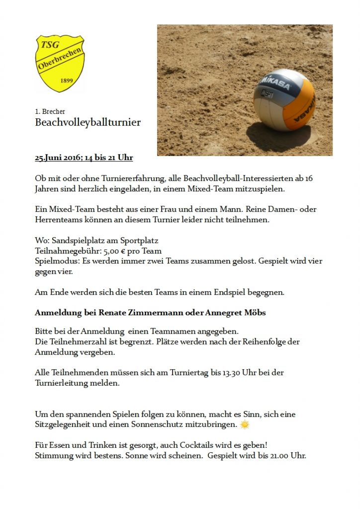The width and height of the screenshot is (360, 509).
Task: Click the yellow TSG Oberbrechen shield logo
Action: (60, 63)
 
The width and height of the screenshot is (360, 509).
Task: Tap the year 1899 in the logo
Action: (66, 80)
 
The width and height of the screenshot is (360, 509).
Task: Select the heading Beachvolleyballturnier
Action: (88, 122)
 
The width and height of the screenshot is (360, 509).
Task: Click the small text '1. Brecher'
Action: (50, 111)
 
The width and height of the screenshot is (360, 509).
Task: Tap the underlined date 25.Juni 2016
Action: (58, 158)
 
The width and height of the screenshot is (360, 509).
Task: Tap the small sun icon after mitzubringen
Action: (244, 424)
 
